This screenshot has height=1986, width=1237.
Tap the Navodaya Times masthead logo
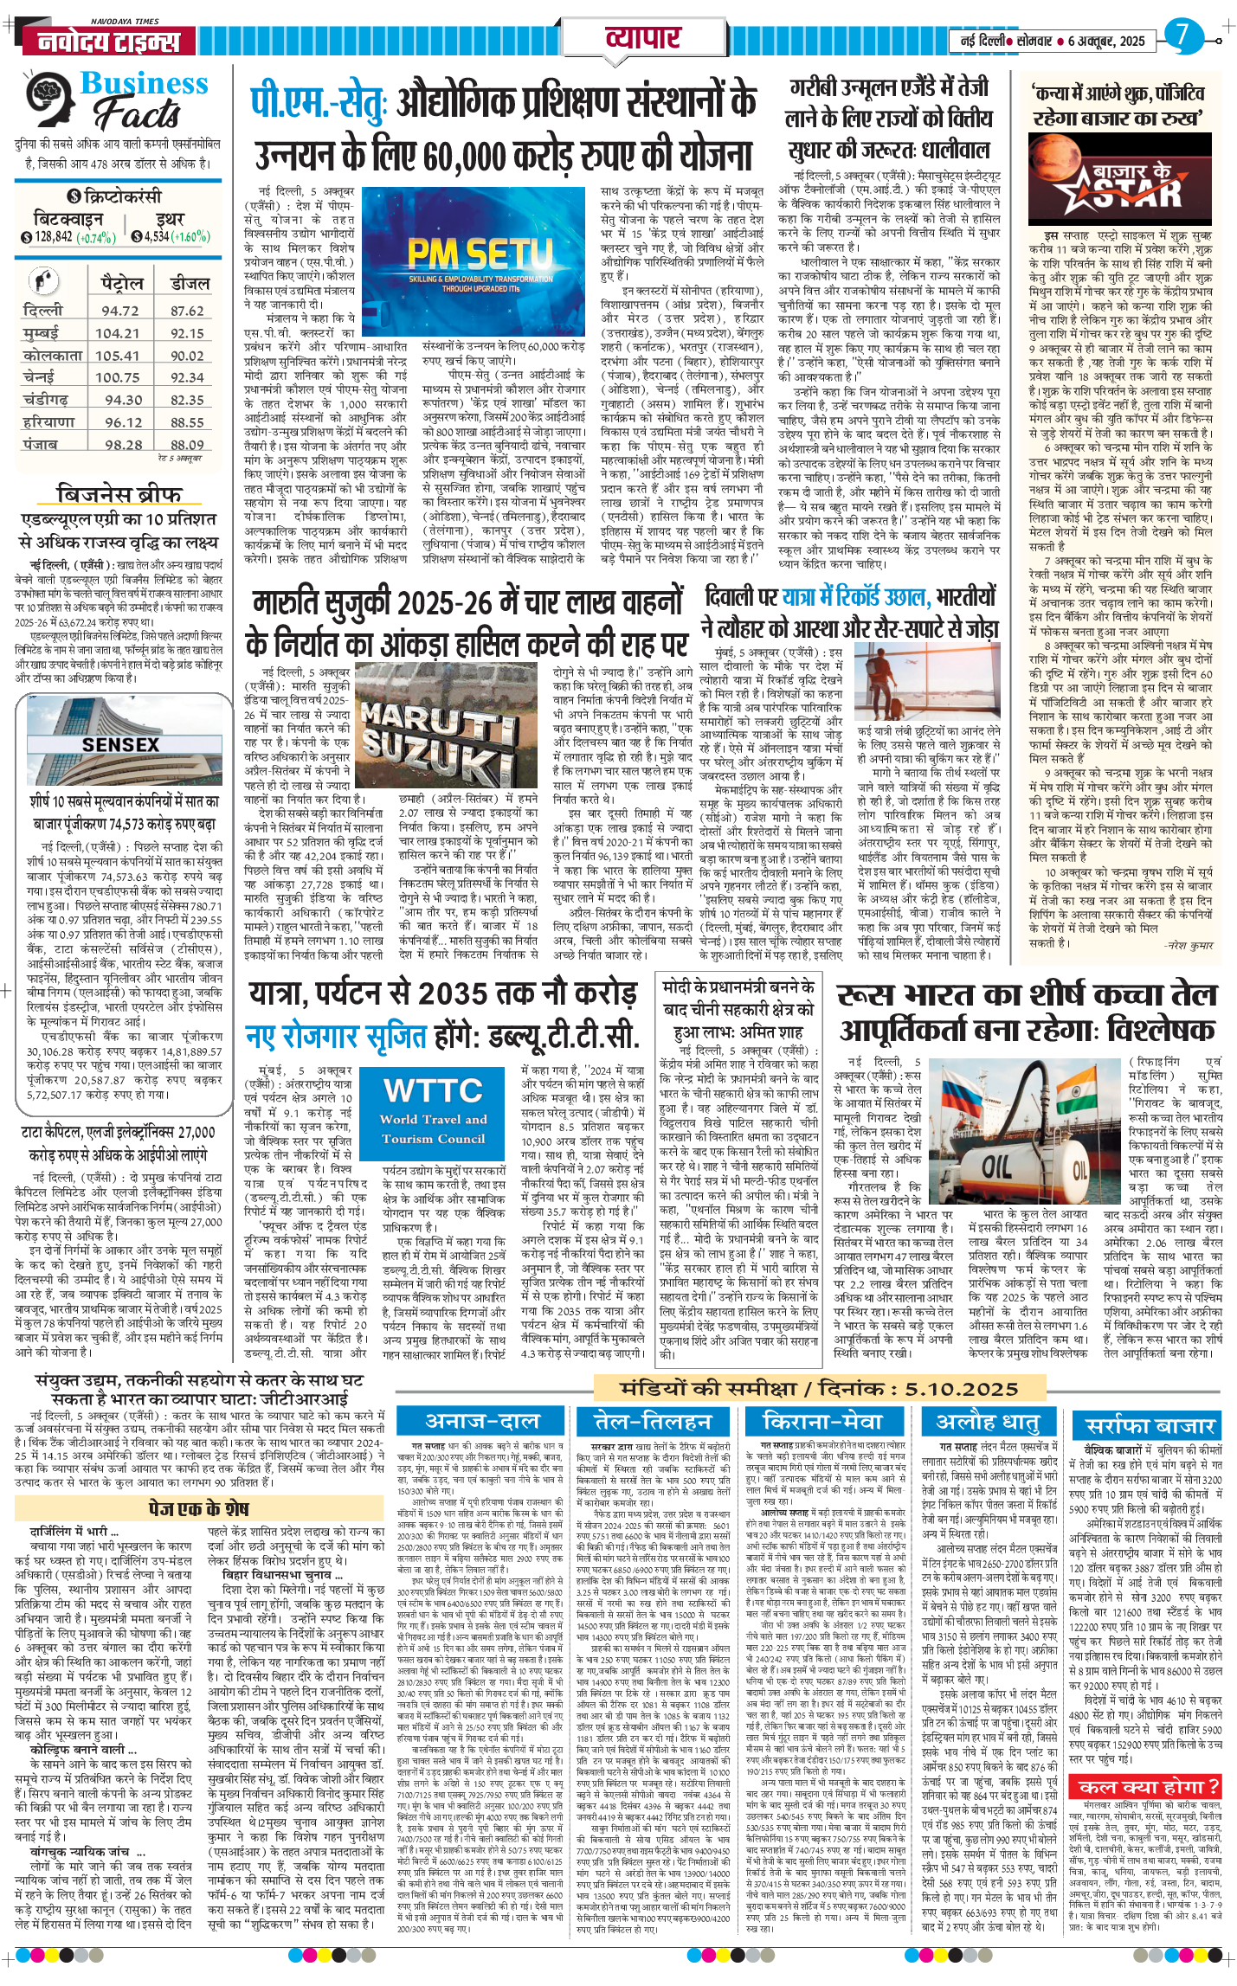[102, 41]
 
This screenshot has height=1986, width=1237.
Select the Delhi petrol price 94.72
[120, 311]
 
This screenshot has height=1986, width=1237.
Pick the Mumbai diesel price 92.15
[187, 333]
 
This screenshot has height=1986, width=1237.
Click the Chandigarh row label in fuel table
[45, 400]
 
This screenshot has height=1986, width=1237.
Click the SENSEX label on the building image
[120, 744]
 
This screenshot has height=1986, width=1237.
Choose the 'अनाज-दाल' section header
[481, 1421]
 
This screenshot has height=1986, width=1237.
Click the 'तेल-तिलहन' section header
[651, 1421]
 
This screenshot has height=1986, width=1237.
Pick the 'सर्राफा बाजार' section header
[1150, 1426]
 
